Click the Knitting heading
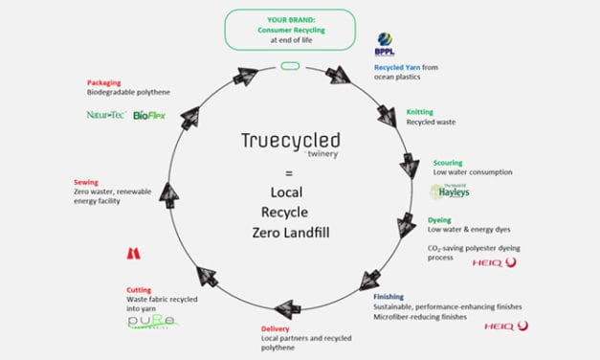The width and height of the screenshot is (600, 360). click(x=420, y=112)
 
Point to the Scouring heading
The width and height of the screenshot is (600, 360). click(x=449, y=163)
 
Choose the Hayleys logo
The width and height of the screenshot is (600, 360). click(x=449, y=191)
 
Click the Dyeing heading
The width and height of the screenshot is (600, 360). click(x=440, y=220)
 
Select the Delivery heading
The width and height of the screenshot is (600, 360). click(x=276, y=328)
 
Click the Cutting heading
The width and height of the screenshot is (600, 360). click(x=140, y=289)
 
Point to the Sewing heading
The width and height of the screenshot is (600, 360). click(x=86, y=181)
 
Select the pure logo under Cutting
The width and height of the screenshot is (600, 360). click(x=154, y=322)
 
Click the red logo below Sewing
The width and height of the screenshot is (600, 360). click(x=133, y=254)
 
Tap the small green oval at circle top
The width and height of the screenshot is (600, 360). click(x=290, y=66)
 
